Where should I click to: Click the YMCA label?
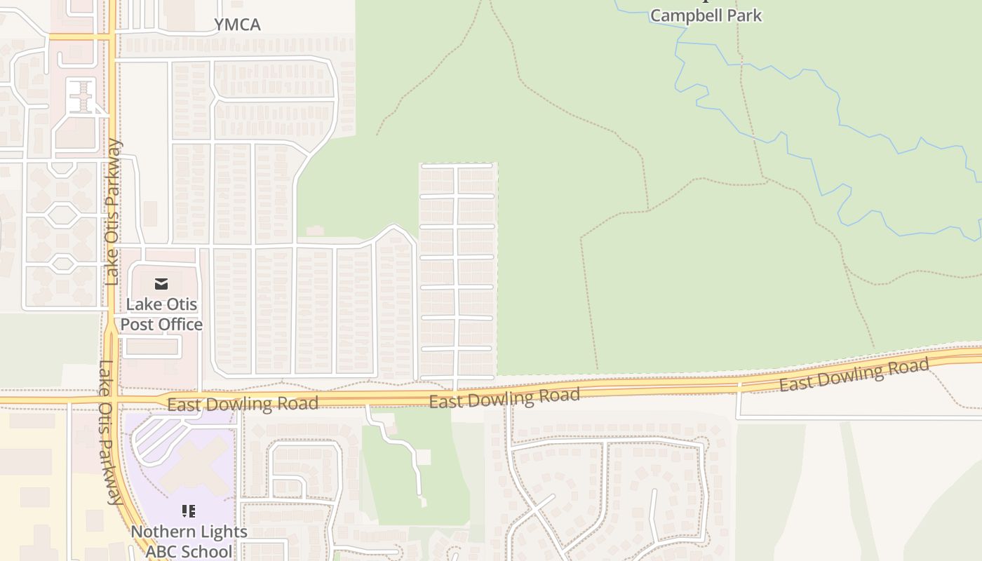[x=237, y=25]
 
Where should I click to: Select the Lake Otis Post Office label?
[x=161, y=314]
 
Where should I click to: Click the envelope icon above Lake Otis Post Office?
[x=161, y=284]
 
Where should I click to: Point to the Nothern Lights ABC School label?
[x=189, y=541]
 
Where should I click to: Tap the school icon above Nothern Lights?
[x=188, y=511]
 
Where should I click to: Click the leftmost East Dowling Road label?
[x=243, y=404]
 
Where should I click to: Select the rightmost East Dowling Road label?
[x=854, y=376]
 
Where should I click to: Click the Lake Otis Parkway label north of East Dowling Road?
[x=112, y=212]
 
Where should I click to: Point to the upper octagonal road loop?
[x=62, y=213]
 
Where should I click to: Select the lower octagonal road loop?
[x=62, y=264]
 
